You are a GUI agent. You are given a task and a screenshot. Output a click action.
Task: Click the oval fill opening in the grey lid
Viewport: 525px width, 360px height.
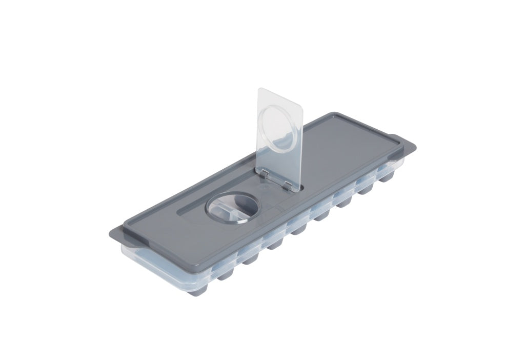[233, 208]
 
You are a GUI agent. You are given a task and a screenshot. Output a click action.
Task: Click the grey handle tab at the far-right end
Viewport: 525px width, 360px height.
[402, 142]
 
